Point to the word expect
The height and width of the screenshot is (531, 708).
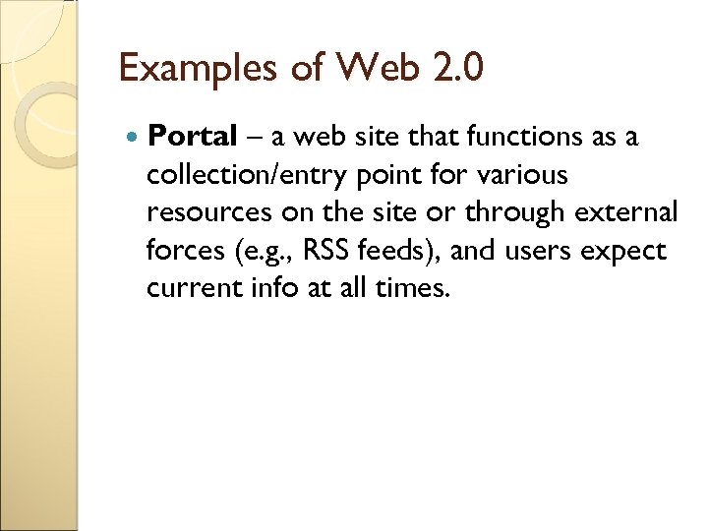[623, 252]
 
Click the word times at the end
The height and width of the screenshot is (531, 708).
[417, 287]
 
